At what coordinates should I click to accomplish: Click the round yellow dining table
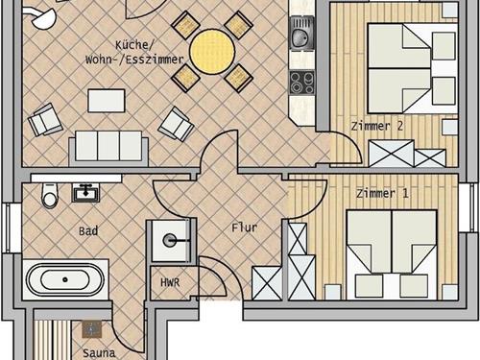(212, 51)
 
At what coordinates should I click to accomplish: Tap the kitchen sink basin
(301, 36)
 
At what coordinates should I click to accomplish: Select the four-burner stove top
(302, 83)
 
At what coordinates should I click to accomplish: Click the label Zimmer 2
(377, 126)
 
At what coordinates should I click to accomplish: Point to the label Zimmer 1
(382, 193)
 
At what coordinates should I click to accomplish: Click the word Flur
(245, 228)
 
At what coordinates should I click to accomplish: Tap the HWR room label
(170, 282)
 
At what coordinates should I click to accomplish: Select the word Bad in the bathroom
(88, 231)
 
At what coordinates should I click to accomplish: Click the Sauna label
(99, 353)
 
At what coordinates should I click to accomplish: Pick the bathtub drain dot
(65, 279)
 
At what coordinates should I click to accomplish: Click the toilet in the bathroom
(50, 195)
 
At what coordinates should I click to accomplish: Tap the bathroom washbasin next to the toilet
(85, 193)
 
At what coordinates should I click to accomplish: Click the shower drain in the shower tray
(169, 240)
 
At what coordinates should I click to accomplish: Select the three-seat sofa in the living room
(108, 147)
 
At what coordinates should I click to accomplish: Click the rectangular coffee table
(107, 101)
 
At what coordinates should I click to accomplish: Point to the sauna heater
(92, 329)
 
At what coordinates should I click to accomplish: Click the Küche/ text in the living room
(132, 45)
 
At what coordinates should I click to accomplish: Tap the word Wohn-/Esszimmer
(134, 60)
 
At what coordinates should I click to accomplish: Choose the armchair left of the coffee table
(45, 119)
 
